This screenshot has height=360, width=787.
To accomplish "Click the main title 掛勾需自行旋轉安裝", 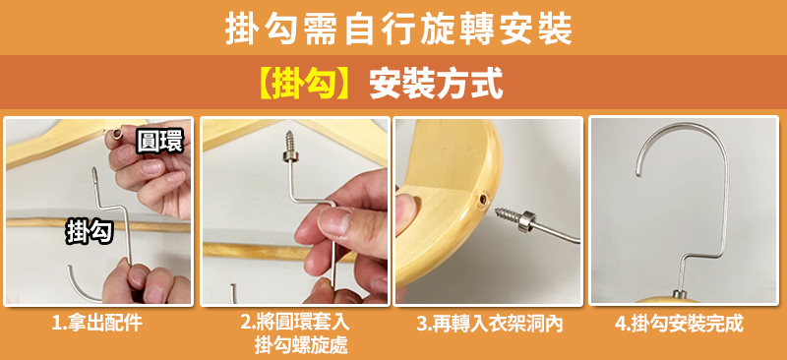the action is pos(398,30).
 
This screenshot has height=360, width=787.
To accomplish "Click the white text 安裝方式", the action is pos(436,85).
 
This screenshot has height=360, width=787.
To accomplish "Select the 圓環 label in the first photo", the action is pos(159,141).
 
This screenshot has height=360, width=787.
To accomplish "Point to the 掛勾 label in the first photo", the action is pos(90,232).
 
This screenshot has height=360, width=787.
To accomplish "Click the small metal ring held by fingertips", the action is pos(117,135).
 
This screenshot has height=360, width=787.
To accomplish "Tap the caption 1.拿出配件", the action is pos(97,324).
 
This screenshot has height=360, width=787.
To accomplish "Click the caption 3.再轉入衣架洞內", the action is pos(489,324).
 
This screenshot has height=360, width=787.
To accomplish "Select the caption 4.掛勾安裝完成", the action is pos(679,324).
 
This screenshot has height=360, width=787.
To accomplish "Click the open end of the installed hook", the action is pos(637,173).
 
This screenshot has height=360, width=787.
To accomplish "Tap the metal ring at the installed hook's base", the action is pos(681,295).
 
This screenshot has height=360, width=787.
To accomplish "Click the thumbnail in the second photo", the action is pos(333,223).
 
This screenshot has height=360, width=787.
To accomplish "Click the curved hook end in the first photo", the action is pos(82,286).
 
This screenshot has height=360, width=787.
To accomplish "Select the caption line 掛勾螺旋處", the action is pos(301,345).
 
